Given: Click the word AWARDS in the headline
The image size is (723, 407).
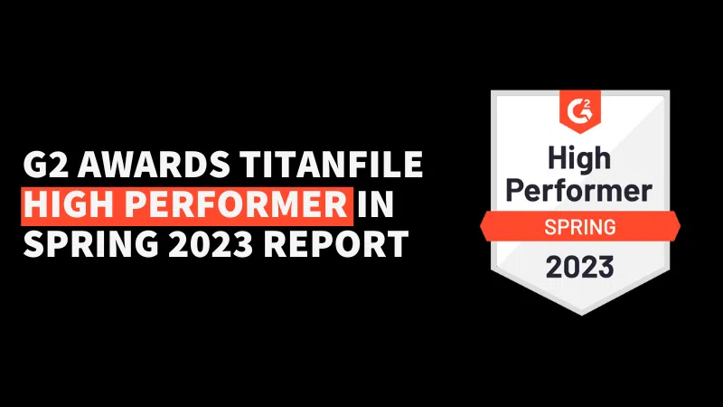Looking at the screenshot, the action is pos(154,164).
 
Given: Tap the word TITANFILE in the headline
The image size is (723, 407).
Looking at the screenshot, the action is pos(331,164).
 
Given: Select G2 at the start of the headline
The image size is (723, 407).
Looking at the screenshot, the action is pos(45,164).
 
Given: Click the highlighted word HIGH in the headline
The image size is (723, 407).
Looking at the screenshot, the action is pos(70,204).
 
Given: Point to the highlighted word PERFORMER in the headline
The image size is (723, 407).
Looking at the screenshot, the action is pos(236,204).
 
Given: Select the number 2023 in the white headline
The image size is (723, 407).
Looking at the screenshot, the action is pos(211,243).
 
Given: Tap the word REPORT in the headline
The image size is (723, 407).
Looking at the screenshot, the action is pos(335,243).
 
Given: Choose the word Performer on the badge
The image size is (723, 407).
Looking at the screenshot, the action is pos(579,190).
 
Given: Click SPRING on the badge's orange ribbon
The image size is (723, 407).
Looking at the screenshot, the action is pos(580,227).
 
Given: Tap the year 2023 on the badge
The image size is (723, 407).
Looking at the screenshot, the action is pos(579,267).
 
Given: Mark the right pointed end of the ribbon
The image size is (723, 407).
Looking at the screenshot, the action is pos(681,226).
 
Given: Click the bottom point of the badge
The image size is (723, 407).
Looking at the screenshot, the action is pos(580,316).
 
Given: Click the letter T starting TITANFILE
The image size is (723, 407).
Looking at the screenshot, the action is pos(250,164).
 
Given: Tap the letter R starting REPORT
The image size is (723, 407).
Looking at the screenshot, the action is pos(274,243).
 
